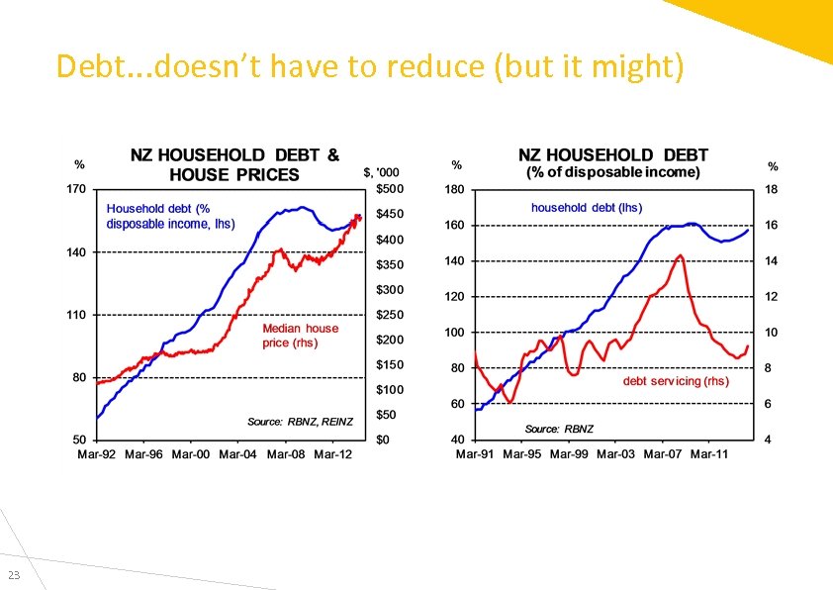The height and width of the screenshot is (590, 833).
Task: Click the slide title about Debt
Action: [369, 67]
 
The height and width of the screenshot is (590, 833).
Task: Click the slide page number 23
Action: [14, 576]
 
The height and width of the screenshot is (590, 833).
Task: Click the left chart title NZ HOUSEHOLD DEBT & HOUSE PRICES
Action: [234, 165]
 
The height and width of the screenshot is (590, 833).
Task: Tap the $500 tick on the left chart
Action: [389, 188]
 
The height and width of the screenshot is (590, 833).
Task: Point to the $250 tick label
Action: [389, 315]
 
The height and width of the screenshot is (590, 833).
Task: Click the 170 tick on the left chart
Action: [75, 188]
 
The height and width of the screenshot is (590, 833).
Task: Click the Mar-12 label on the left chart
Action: [332, 454]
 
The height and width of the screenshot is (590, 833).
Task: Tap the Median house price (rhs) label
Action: [300, 336]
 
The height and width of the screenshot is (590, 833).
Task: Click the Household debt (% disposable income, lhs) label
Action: [170, 216]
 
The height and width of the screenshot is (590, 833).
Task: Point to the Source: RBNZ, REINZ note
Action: [300, 422]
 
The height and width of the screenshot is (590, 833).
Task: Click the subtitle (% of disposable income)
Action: [612, 172]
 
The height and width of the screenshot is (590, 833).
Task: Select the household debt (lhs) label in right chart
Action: [586, 207]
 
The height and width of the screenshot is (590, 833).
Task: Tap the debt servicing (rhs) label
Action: [676, 380]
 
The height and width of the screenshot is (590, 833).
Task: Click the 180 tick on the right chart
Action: [454, 189]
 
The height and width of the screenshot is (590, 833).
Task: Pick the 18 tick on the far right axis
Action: [772, 189]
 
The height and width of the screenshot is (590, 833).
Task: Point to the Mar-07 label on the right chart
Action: [662, 454]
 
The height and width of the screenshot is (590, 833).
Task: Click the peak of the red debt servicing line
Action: [680, 255]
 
